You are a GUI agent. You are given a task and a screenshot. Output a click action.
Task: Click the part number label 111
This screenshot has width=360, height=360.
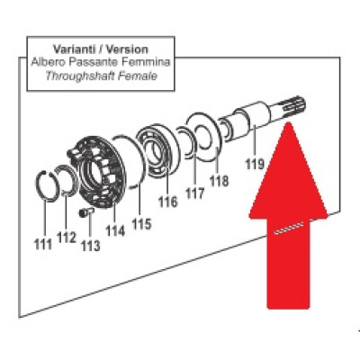pyautogui.click(x=44, y=245)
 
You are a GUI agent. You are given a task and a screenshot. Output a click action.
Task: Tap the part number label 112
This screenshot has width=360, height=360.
pyautogui.click(x=67, y=238)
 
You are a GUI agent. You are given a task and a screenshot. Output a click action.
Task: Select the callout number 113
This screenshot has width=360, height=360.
pyautogui.click(x=91, y=246)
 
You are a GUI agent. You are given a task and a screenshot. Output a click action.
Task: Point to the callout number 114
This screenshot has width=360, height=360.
pyautogui.click(x=115, y=231)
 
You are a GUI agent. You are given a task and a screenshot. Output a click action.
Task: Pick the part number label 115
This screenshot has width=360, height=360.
pyautogui.click(x=142, y=223)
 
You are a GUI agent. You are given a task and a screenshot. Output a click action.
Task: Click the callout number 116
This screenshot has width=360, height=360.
pyautogui.click(x=168, y=202)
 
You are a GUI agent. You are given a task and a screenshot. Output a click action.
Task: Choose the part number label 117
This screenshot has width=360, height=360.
pyautogui.click(x=194, y=193)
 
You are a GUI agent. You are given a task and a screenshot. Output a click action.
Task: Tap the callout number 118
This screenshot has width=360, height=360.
pyautogui.click(x=219, y=181)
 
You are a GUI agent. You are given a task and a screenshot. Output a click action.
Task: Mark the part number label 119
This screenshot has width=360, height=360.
pyautogui.click(x=255, y=164)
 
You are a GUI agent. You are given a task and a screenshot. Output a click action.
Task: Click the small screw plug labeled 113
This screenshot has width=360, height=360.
pyautogui.click(x=86, y=212)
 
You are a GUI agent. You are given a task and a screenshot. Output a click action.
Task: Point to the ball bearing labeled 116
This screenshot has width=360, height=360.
pyautogui.click(x=158, y=149)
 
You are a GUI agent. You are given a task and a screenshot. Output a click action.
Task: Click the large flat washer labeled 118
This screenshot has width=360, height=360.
pyautogui.click(x=205, y=137)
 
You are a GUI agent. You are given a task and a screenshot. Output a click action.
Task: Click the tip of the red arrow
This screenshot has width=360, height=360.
pyautogui.click(x=288, y=122)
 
